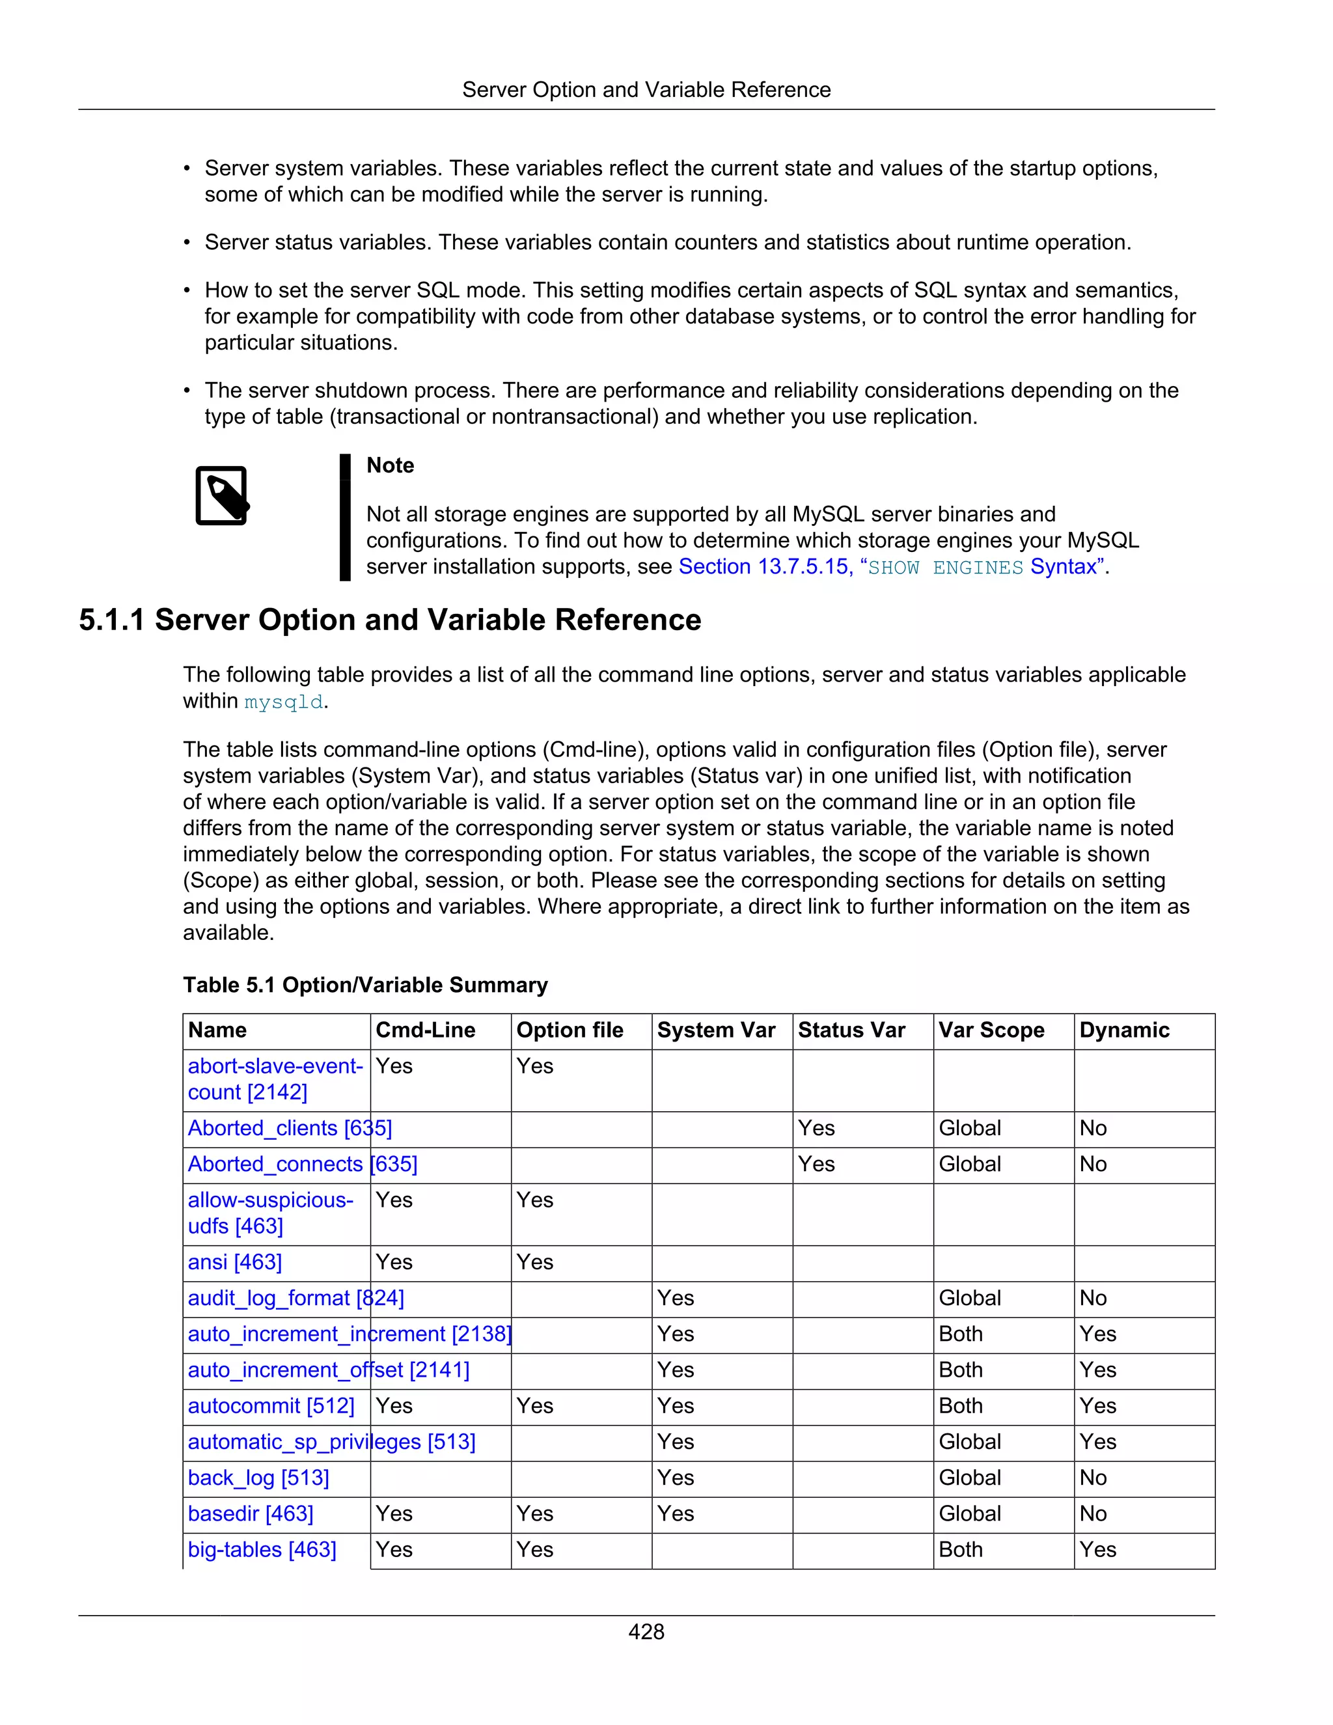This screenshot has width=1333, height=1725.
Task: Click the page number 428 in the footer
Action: pos(646,1632)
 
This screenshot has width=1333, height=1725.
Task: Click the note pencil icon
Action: pos(222,495)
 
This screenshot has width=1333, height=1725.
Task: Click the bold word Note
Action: pos(390,465)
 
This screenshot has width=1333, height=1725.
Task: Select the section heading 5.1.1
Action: pos(390,620)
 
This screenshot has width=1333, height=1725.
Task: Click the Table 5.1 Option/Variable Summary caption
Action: pos(365,985)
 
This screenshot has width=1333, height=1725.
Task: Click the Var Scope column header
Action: pos(991,1030)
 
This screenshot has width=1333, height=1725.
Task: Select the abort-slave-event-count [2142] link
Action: pos(274,1079)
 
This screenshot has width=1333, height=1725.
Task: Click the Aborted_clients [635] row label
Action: pos(289,1128)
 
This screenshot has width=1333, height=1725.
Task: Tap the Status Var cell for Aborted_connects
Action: pos(817,1165)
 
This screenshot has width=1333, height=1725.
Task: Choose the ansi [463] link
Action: pos(234,1262)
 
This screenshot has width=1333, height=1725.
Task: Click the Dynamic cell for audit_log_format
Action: pos(1093,1298)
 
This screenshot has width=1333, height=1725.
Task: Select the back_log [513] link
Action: pos(258,1478)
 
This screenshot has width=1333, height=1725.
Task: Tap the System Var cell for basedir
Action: pos(676,1513)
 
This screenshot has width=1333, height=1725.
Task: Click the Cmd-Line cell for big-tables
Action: pos(394,1550)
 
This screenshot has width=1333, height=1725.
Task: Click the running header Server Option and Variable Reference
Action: pos(646,90)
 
